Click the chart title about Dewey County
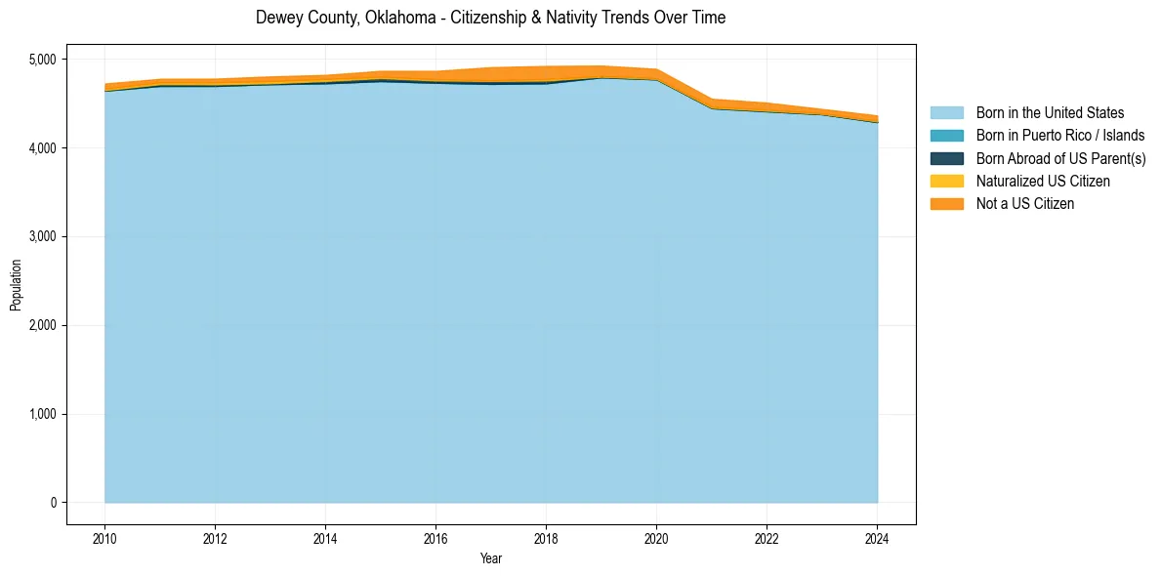490,18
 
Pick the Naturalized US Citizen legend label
1043,182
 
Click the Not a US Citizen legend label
1025,204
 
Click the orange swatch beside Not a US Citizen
946,204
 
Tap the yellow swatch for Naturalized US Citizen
946,182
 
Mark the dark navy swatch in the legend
946,158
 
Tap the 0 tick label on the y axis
54,503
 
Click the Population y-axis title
16,284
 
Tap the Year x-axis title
491,559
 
